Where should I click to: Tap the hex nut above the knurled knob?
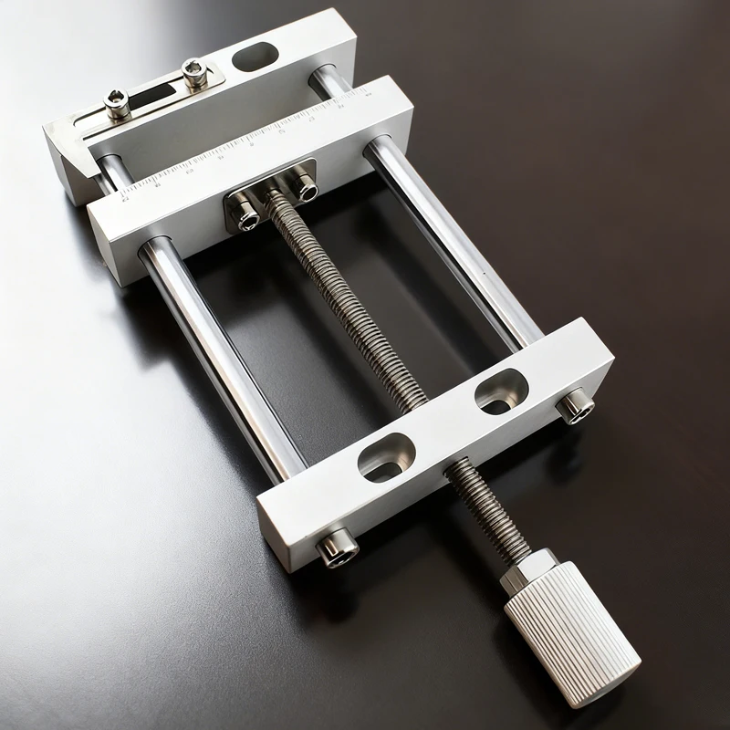pos(528,568)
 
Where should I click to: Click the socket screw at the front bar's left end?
pos(337,547)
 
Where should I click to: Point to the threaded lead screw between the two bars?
pos(347,301)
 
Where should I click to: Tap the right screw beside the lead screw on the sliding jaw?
pos(304,186)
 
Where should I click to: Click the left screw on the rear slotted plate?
pos(117,104)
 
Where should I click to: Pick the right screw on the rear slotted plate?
pos(194,71)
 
